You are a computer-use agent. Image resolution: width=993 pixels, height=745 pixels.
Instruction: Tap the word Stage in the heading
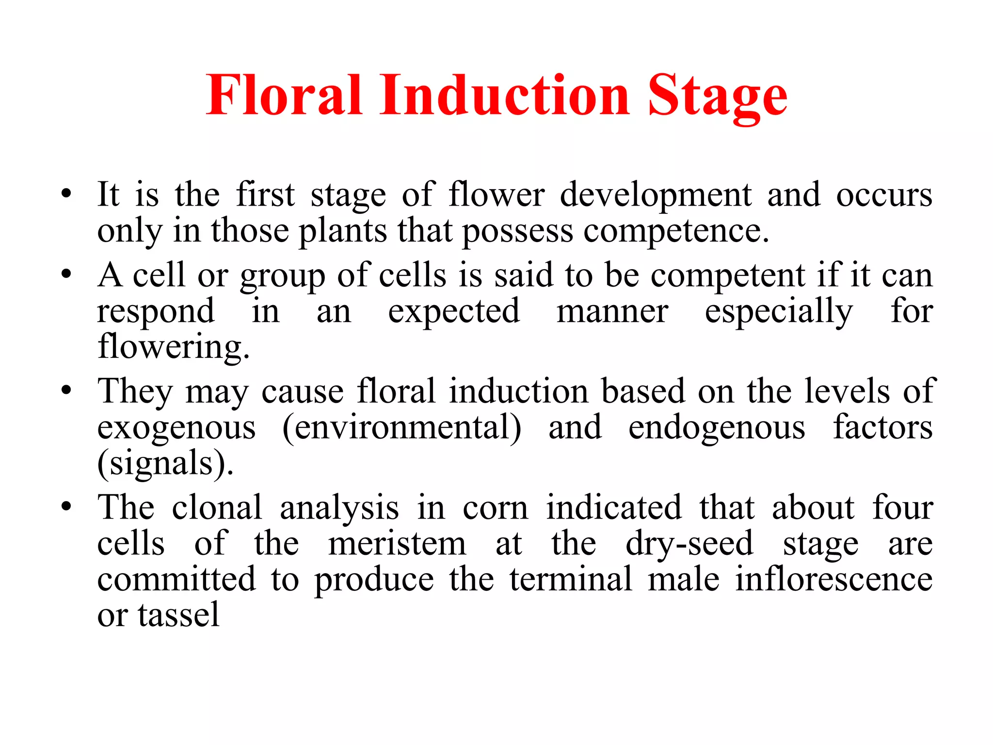click(718, 97)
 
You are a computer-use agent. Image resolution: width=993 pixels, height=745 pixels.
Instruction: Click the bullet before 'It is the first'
click(66, 194)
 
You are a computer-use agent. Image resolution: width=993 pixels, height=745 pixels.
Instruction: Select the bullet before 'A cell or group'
click(66, 275)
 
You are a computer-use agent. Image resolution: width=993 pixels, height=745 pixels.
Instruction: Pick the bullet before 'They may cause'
click(66, 390)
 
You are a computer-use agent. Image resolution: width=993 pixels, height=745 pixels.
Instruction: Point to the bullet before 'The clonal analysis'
click(66, 507)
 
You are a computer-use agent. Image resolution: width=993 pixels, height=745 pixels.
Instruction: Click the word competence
click(676, 232)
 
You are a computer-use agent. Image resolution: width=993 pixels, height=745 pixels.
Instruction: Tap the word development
click(656, 195)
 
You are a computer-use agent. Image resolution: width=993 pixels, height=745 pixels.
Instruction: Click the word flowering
click(174, 347)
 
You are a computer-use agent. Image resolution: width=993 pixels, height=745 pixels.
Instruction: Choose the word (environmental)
click(402, 428)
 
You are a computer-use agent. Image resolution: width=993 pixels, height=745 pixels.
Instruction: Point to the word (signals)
click(165, 463)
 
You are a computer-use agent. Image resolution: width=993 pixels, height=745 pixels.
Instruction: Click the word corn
click(495, 508)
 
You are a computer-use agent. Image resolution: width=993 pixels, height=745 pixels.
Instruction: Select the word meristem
click(397, 544)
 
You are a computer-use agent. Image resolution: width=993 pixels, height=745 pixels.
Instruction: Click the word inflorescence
click(833, 579)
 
